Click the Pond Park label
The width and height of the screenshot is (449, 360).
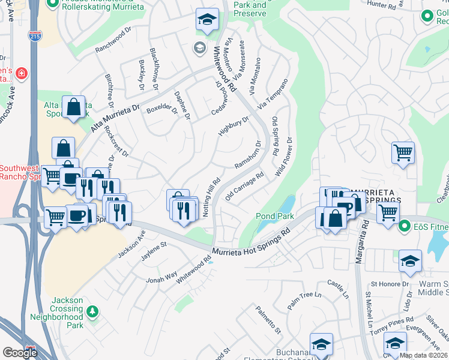click(x=274, y=216)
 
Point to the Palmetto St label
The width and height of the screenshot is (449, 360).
click(x=268, y=319)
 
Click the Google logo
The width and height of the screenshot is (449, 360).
click(x=20, y=352)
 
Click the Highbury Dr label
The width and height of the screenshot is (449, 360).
click(x=233, y=127)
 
